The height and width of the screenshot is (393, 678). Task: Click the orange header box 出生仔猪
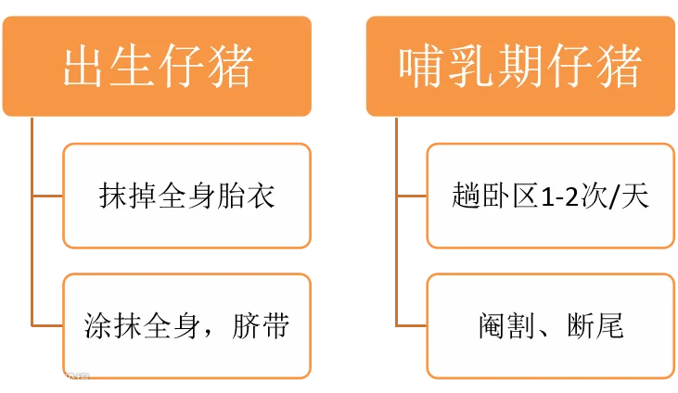[x=157, y=66]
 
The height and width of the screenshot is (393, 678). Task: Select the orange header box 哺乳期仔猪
[x=519, y=66]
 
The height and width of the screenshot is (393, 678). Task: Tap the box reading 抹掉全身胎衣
[x=186, y=196]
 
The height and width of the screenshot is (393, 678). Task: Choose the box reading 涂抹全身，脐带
[x=186, y=325]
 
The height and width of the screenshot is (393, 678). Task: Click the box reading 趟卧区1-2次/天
[x=549, y=196]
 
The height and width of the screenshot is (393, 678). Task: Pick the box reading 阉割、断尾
[x=549, y=325]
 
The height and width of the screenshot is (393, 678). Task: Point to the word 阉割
[x=499, y=326]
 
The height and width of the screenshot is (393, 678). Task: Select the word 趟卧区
[x=492, y=196]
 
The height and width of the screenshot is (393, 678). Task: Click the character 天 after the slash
[x=638, y=196]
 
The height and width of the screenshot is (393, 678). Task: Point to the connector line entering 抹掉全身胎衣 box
[x=48, y=196]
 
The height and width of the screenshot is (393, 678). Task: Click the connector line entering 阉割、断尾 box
[x=411, y=325]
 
